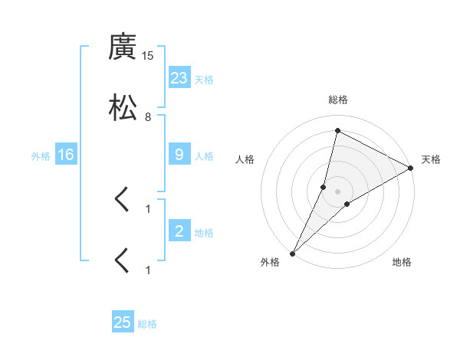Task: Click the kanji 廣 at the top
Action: (x=123, y=47)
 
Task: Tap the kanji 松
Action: (x=123, y=107)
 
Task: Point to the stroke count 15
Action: (x=148, y=57)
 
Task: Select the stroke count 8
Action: (x=148, y=117)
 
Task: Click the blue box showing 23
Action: (x=179, y=78)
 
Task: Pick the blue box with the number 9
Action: (x=179, y=155)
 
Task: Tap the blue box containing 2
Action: (x=179, y=231)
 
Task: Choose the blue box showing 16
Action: (x=66, y=155)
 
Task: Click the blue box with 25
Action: (x=123, y=322)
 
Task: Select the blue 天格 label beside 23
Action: (x=204, y=80)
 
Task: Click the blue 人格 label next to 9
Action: (x=204, y=156)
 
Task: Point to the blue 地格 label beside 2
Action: (x=204, y=233)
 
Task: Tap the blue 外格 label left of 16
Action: (x=41, y=156)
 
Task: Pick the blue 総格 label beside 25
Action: (x=147, y=324)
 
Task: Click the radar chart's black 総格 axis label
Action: (x=338, y=100)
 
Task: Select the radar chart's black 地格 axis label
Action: (x=402, y=262)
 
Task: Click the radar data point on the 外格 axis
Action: (x=292, y=254)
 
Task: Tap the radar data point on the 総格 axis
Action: (x=337, y=130)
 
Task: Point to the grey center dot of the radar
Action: (x=338, y=191)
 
